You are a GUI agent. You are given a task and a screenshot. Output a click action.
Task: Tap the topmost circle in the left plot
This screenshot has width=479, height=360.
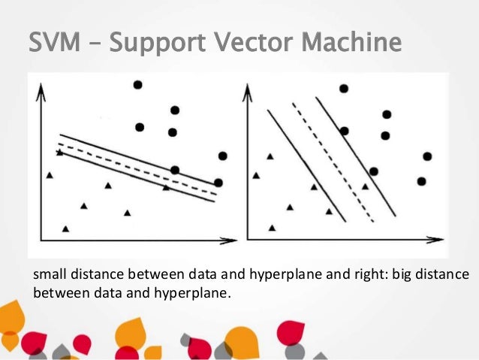click(x=137, y=85)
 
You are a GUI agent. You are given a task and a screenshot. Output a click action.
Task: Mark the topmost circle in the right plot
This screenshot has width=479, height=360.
click(x=344, y=89)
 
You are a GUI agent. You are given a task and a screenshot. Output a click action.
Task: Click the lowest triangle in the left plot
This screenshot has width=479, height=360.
click(x=66, y=228)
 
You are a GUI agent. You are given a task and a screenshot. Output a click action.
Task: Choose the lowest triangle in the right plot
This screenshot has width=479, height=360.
click(x=272, y=227)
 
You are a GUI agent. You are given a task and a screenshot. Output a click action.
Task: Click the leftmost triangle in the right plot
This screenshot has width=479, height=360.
click(x=256, y=175)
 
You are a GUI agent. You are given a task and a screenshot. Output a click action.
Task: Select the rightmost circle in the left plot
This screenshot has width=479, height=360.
click(x=222, y=156)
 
